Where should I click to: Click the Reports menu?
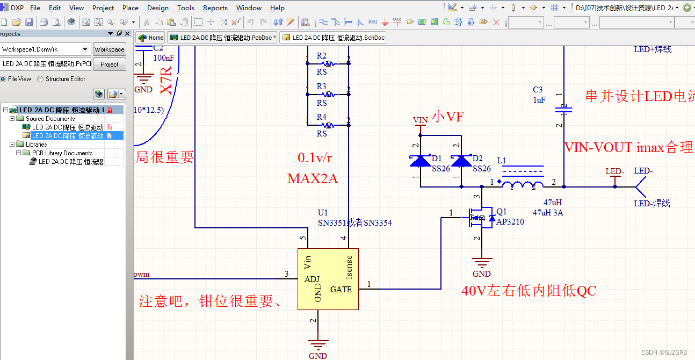pos(215,8)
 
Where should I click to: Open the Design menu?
pos(157,8)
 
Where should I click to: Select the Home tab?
pos(151,38)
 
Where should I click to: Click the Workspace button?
pos(109,49)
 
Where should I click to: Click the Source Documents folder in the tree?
pos(50,119)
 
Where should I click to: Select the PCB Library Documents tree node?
pos(62,153)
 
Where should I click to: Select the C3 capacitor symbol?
pos(564,110)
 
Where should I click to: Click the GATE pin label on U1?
pos(341,289)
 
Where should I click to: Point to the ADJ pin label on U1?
pos(312,279)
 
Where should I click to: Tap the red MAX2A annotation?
pos(312,178)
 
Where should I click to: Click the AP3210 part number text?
pos(510,221)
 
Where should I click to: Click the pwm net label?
pos(142,275)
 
